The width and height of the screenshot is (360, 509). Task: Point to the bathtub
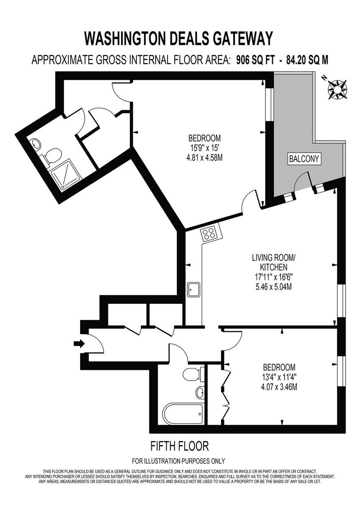click(x=183, y=414)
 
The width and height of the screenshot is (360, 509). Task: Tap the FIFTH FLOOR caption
click(x=180, y=446)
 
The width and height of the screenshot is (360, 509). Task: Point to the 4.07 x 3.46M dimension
click(x=279, y=387)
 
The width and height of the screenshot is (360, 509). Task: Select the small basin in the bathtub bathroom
click(x=200, y=392)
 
